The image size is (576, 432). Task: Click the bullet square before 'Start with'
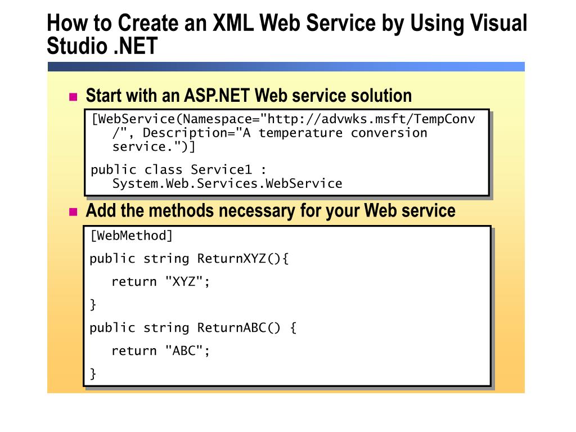73,97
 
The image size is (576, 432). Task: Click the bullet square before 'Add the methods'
73,212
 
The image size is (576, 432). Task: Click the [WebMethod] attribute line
132,236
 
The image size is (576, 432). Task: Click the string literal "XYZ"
183,282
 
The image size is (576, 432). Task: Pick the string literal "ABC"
183,351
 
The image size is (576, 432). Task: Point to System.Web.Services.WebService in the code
227,183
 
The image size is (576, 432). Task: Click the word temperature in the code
300,133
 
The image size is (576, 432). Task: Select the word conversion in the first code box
389,133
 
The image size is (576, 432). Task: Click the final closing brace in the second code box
93,373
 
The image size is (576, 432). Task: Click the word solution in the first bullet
381,96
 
